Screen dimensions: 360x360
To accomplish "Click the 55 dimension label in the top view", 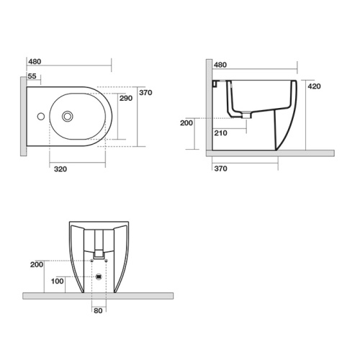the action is (x=32, y=76).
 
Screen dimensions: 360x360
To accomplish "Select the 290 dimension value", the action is (x=126, y=98).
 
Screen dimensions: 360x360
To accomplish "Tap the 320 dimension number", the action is (x=60, y=169).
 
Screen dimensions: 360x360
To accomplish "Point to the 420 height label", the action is (x=314, y=86).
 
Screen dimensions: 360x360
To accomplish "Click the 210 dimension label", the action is (x=220, y=132).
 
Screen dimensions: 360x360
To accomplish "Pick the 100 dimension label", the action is (x=57, y=281).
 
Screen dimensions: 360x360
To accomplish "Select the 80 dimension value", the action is (x=98, y=310).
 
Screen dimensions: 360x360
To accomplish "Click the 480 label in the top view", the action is (x=35, y=61).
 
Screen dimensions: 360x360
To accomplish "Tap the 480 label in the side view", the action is (x=220, y=65).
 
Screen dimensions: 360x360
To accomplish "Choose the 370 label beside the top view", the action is (x=145, y=92).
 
